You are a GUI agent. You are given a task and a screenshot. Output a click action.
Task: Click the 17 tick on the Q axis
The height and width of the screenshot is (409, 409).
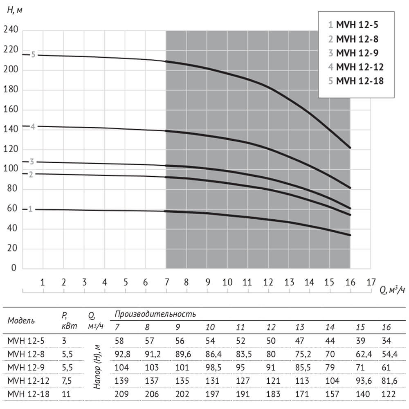[371, 282]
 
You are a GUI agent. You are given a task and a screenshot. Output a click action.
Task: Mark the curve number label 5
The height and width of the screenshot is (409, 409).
[34, 55]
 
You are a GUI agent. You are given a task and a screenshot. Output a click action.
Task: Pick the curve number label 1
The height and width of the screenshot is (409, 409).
[30, 209]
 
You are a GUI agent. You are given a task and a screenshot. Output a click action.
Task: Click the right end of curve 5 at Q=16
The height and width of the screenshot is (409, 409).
[350, 147]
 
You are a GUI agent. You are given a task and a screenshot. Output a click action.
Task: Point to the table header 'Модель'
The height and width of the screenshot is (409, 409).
[21, 320]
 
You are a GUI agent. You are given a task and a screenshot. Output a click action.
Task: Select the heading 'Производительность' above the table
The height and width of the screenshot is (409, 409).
[155, 314]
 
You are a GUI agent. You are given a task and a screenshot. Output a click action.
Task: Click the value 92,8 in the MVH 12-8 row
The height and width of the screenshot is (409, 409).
[122, 355]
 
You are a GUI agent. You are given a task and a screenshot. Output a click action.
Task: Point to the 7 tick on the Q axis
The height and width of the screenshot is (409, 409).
[166, 282]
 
